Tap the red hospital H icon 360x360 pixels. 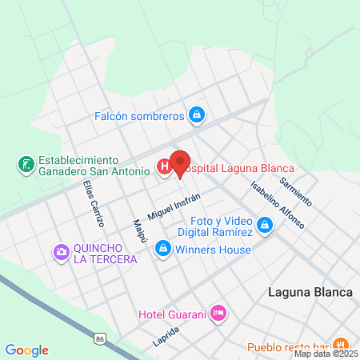coord(164,167)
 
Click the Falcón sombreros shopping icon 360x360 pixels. coord(196,116)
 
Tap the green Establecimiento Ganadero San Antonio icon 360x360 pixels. coord(26,166)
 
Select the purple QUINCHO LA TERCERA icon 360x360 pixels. coord(61,254)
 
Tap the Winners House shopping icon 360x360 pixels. coord(163,249)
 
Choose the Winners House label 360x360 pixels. coord(214,249)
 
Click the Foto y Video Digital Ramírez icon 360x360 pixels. coord(266,227)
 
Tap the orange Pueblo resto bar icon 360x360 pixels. coord(340,346)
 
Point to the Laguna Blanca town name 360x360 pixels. coord(310,292)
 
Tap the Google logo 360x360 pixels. coord(26,350)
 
